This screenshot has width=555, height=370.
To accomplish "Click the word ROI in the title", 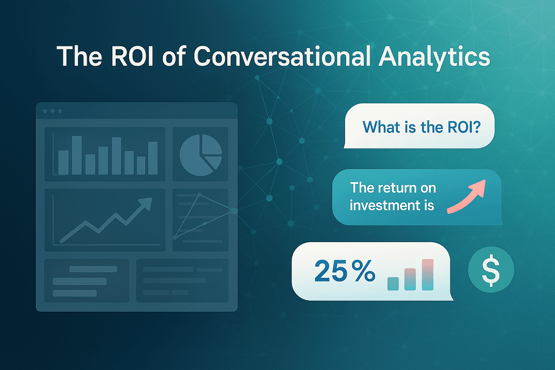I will click(x=133, y=56).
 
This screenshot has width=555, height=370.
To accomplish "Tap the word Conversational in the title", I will click(x=282, y=56).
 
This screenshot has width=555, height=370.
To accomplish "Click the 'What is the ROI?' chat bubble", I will click(x=419, y=126).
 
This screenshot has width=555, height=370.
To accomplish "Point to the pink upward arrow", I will click(x=468, y=195).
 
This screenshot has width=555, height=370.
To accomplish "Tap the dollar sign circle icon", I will click(x=491, y=270).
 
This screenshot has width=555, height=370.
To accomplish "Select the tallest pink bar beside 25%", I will click(x=427, y=275).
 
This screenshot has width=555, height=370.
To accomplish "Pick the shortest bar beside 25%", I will click(x=393, y=284).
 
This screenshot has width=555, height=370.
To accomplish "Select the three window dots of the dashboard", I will click(x=52, y=111).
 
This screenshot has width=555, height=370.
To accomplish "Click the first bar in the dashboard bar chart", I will click(x=63, y=163).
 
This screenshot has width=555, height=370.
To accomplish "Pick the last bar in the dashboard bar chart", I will click(x=153, y=158).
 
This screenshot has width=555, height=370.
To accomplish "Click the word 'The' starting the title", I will click(x=79, y=56).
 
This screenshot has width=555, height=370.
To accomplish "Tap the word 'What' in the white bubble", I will click(x=378, y=127).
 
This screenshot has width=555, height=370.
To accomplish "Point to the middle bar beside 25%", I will click(x=410, y=279).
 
